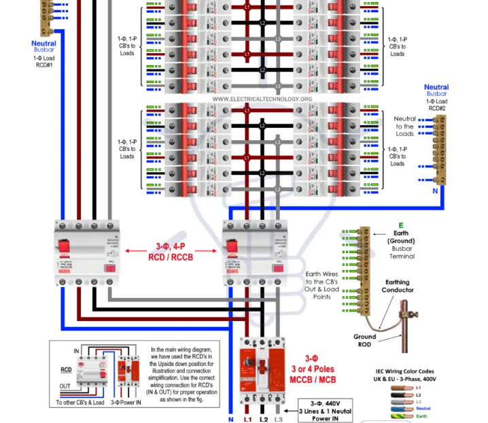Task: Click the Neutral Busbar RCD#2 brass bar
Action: point(440,149)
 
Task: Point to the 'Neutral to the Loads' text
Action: point(404,126)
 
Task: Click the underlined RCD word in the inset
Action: point(66,370)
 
